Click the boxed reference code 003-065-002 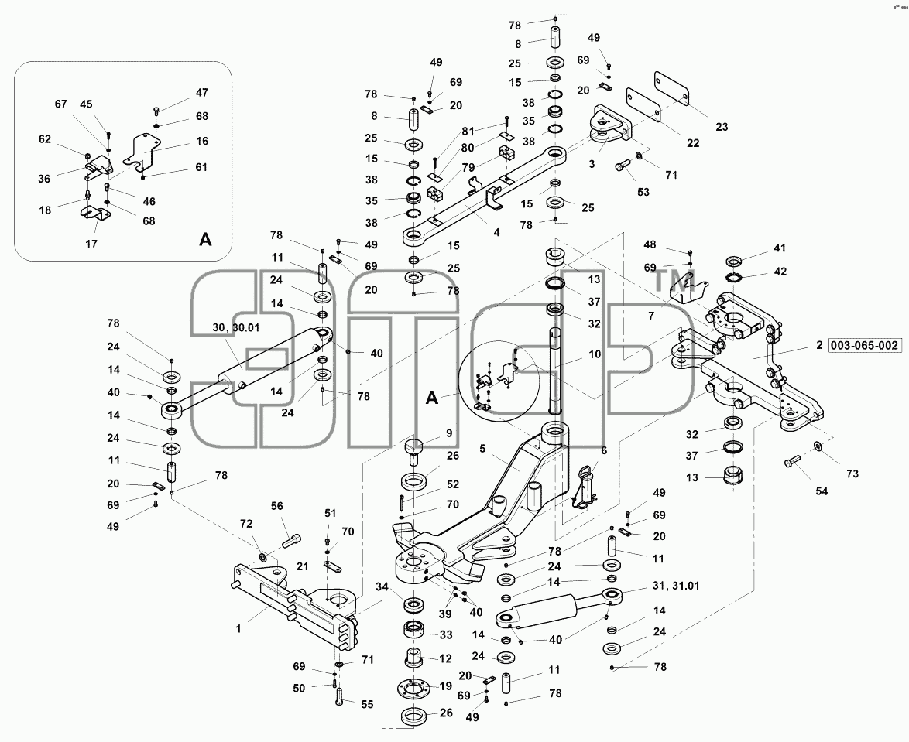(x=864, y=346)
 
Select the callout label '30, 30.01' (x=236, y=327)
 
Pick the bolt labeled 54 (x=793, y=462)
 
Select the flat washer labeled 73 (x=817, y=446)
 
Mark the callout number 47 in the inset (x=202, y=93)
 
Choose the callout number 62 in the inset (x=45, y=139)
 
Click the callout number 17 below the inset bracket (x=91, y=244)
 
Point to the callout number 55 (x=367, y=704)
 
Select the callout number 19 (x=445, y=686)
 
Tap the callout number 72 (x=246, y=524)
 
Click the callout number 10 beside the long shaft (x=595, y=354)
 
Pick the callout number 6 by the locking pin (x=603, y=450)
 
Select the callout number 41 (x=780, y=248)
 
